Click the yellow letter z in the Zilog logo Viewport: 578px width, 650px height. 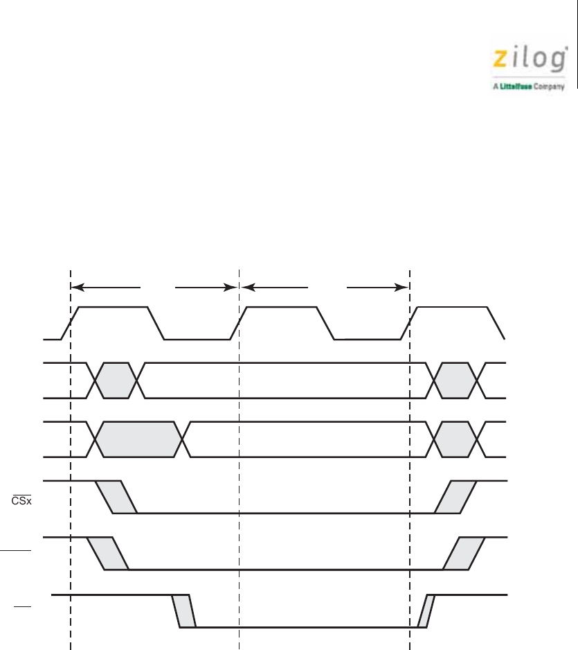(x=500, y=59)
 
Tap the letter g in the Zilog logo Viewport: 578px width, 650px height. (x=559, y=60)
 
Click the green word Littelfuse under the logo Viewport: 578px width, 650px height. (x=516, y=86)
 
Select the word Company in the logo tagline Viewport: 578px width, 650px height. (x=549, y=87)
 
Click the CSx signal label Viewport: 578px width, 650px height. (x=21, y=500)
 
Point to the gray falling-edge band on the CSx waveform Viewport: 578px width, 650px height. (x=116, y=497)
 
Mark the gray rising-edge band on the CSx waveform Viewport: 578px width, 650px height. (x=455, y=497)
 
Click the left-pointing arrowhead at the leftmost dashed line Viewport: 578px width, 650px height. (x=78, y=288)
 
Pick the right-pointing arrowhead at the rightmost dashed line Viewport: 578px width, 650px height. (x=402, y=288)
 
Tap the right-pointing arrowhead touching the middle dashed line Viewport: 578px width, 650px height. (x=231, y=288)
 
